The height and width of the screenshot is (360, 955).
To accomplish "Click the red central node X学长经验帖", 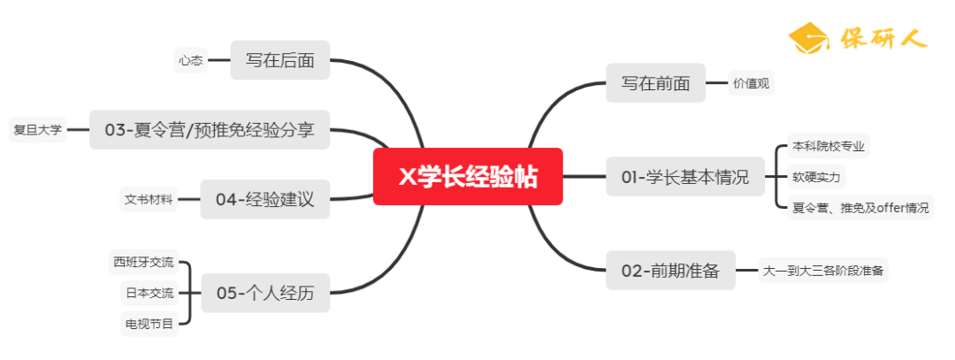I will coord(468,176).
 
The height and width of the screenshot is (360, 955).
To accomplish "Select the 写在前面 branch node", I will coord(655,83).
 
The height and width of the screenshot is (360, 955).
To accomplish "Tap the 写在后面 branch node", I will coord(279,61).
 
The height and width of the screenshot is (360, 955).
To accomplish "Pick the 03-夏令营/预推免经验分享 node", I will coord(209,130).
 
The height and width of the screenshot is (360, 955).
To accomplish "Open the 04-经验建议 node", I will coord(264,199).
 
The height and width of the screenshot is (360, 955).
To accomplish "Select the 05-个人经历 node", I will coord(265,293).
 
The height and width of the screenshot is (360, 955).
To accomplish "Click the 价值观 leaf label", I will coord(752,84).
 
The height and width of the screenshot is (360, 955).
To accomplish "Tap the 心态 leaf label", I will coord(190,61).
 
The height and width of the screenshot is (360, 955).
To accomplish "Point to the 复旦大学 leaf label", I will coord(37,130).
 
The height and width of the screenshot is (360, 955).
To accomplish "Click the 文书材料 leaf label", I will coord(149,199).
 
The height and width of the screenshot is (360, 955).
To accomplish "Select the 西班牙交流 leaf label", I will coord(143,262).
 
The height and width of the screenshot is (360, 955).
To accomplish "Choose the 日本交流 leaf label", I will coord(149,293).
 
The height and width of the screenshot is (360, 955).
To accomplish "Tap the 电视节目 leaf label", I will coord(149,324).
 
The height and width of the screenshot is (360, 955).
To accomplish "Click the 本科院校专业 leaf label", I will coord(829,146).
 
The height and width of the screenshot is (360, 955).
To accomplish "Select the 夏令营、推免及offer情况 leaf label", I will coord(859,208).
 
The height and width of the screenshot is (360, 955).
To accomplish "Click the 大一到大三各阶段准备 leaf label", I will coord(823,271).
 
